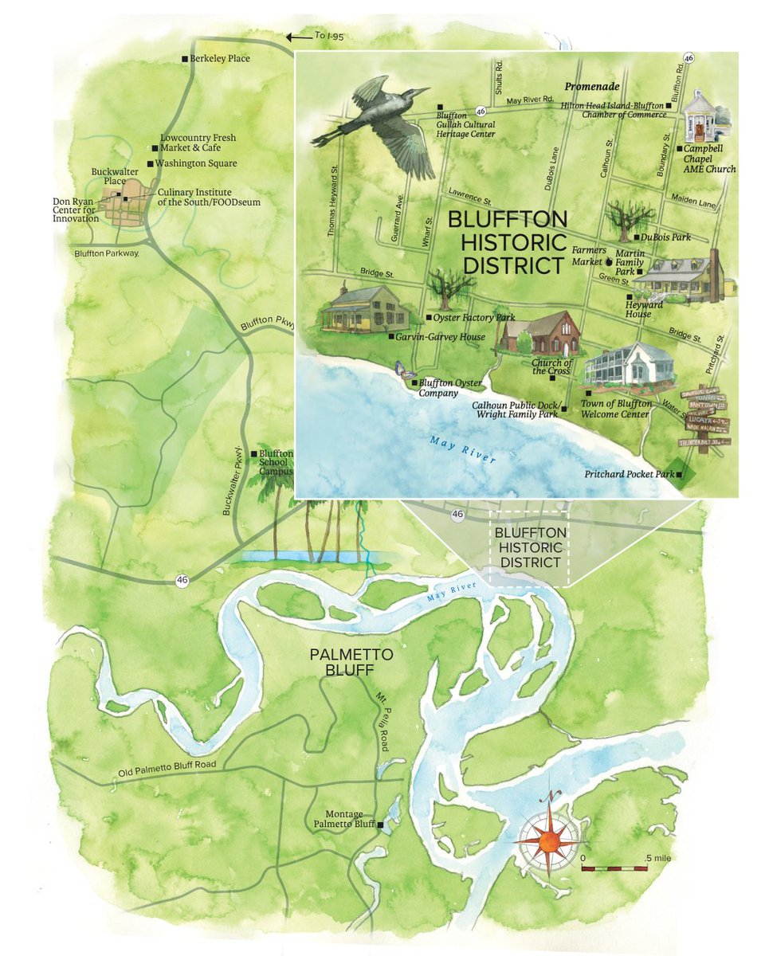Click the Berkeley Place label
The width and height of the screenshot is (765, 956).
[219, 59]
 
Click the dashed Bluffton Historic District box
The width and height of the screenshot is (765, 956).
[529, 547]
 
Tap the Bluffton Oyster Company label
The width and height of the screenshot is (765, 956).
[450, 388]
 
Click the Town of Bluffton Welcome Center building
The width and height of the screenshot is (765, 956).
[630, 366]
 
